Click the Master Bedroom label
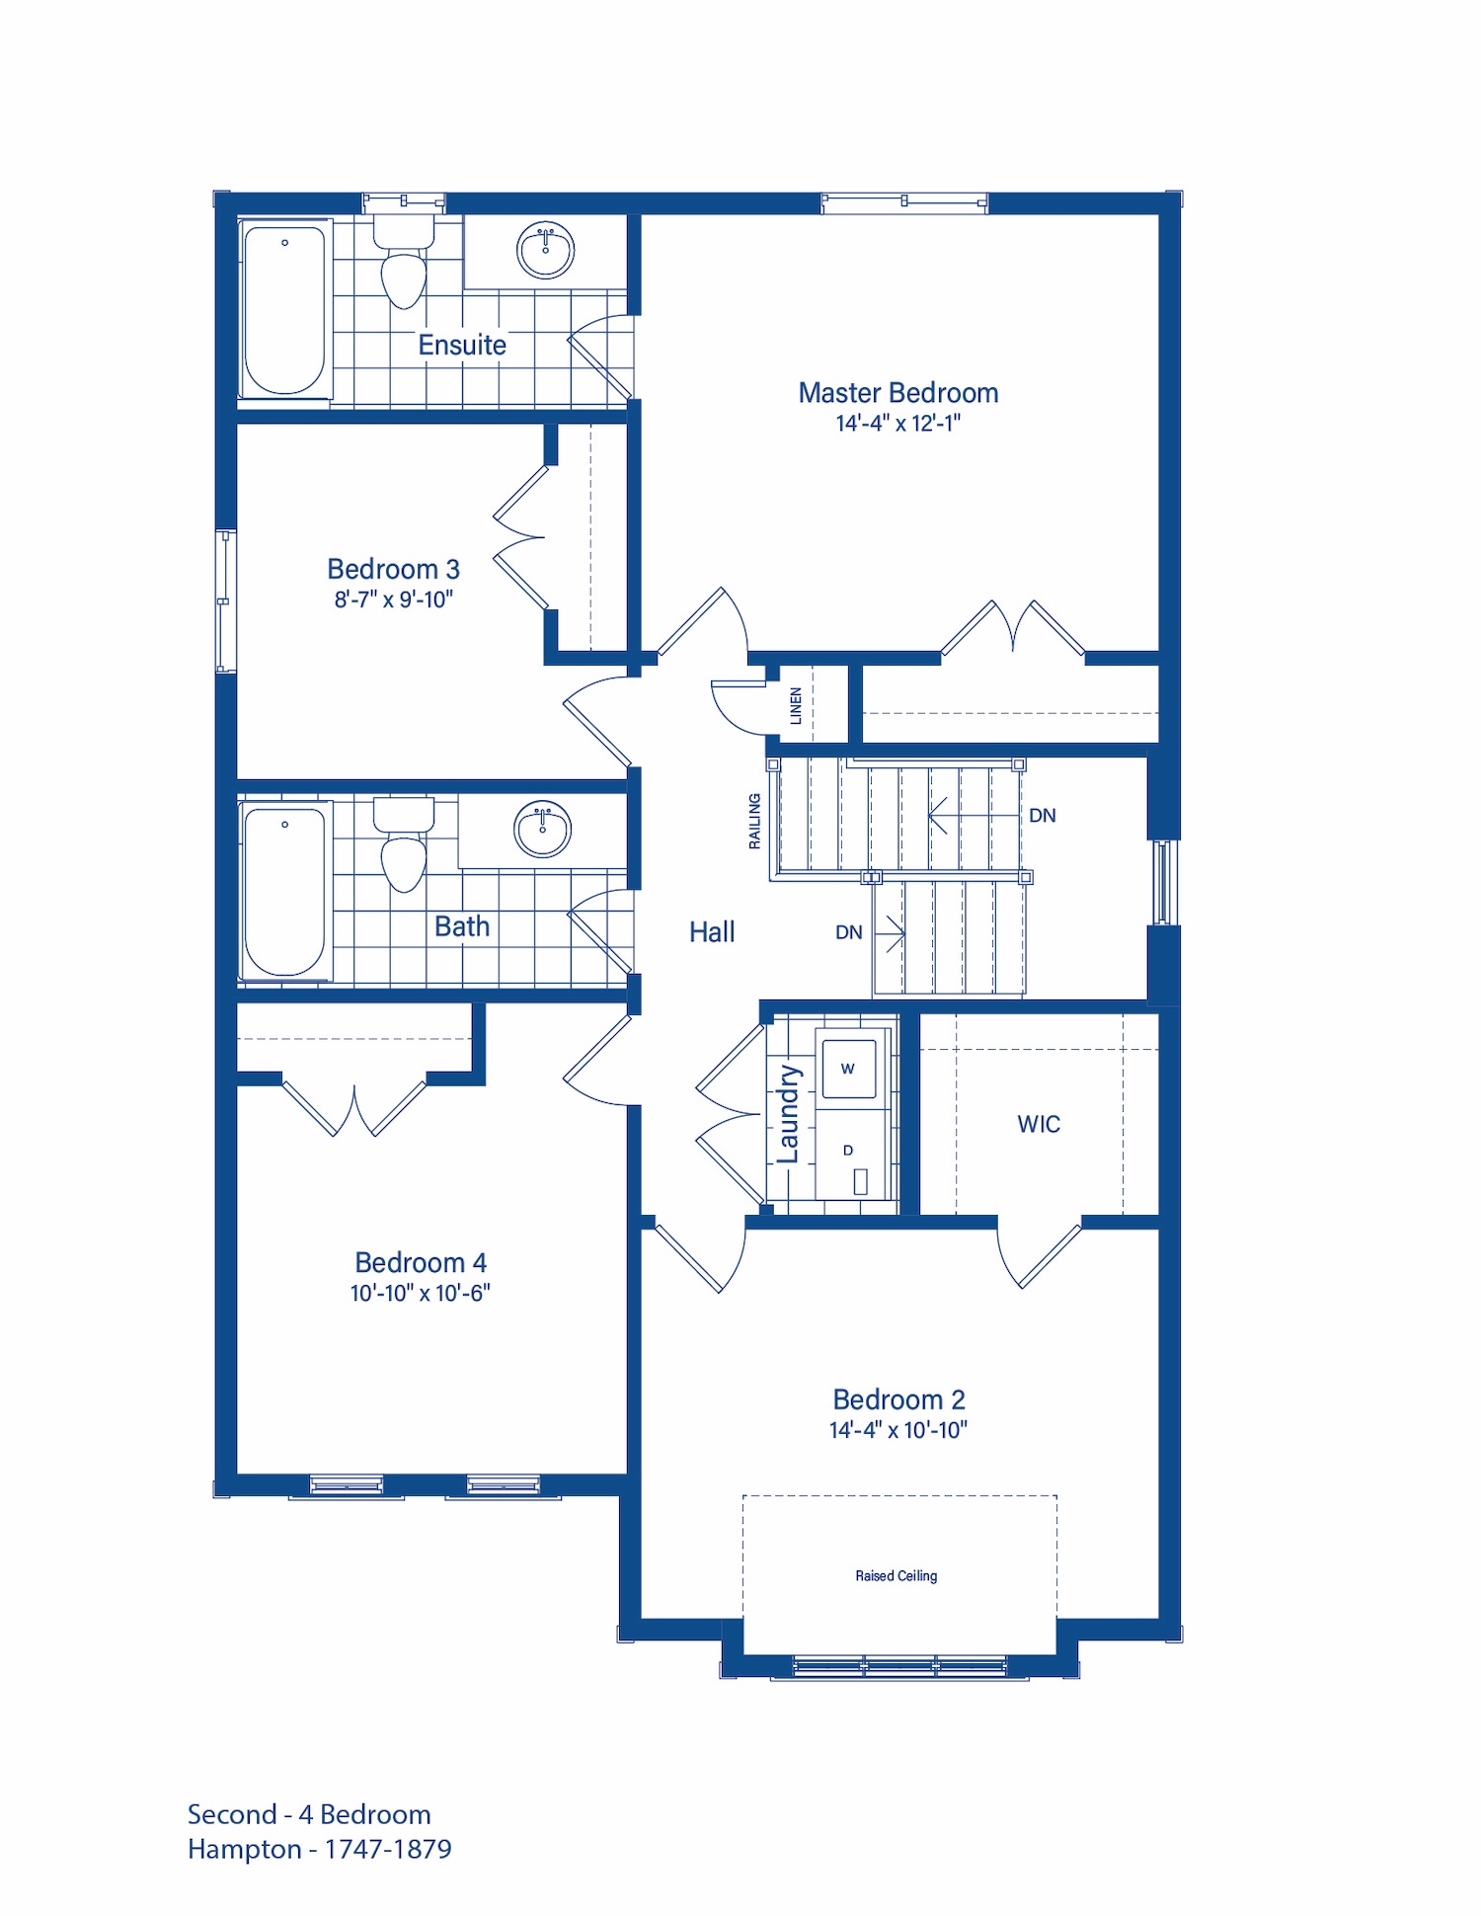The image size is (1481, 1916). [898, 393]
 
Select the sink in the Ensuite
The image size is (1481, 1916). [545, 251]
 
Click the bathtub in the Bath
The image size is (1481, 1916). [284, 892]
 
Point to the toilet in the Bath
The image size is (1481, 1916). [403, 841]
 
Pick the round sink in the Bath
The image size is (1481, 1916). [542, 829]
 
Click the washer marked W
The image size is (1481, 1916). [848, 1068]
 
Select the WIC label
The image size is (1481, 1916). [1039, 1124]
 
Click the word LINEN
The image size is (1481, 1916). [796, 705]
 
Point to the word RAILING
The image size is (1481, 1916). [754, 821]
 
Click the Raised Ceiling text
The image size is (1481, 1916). [896, 1575]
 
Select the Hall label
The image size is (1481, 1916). [712, 931]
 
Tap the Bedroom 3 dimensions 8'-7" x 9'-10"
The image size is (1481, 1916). [393, 599]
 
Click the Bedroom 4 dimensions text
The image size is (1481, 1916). [420, 1293]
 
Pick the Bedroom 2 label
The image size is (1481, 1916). [898, 1399]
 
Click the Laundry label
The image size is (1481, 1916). [788, 1114]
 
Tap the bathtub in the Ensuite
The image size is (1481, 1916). [284, 311]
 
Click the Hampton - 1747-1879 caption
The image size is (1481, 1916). [320, 1849]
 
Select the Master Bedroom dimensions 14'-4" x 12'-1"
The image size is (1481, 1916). [898, 423]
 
